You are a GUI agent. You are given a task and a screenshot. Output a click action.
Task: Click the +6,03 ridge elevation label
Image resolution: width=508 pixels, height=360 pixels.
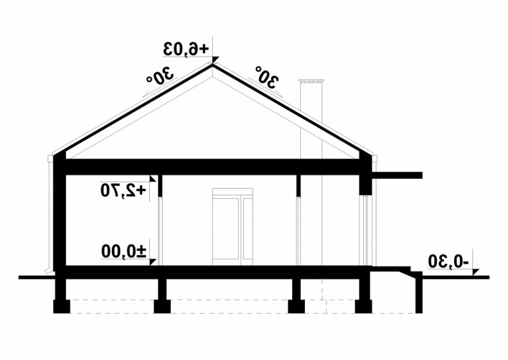click(185, 49)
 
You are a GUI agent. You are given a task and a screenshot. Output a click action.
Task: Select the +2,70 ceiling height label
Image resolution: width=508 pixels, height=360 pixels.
click(123, 190)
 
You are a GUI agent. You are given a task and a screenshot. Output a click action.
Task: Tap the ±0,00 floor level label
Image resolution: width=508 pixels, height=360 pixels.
click(124, 251)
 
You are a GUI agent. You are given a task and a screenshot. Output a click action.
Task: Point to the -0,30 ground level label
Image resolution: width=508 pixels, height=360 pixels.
click(448, 261)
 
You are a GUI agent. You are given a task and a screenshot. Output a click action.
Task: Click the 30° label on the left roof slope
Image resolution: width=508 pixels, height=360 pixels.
click(160, 76)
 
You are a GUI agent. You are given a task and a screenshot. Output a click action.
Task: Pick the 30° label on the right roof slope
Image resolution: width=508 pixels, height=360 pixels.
click(267, 77)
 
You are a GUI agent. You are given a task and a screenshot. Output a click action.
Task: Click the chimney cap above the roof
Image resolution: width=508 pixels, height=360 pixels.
click(311, 81)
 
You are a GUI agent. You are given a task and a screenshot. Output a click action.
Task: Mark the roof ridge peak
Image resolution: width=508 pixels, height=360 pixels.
click(213, 65)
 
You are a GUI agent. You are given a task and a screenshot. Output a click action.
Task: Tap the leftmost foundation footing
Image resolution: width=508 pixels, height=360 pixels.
click(62, 307)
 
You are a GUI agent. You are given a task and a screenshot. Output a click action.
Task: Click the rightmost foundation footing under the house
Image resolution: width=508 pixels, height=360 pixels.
click(363, 307)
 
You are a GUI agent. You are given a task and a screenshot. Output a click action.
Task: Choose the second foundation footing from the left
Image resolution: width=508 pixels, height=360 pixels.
click(162, 307)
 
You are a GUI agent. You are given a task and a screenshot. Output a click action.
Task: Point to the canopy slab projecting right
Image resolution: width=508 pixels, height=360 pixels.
click(397, 175)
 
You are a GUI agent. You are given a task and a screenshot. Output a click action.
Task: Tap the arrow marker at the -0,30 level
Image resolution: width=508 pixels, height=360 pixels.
click(476, 272)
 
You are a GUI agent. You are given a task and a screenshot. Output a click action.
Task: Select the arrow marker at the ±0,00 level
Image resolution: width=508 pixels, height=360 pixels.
click(153, 262)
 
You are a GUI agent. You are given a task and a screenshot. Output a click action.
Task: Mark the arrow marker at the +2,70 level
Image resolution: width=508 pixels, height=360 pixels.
click(153, 178)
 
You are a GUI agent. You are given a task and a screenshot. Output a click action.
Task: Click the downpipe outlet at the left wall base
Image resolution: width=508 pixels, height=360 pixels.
click(49, 271)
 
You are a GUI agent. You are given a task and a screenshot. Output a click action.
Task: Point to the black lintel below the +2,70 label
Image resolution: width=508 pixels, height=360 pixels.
click(160, 186)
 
